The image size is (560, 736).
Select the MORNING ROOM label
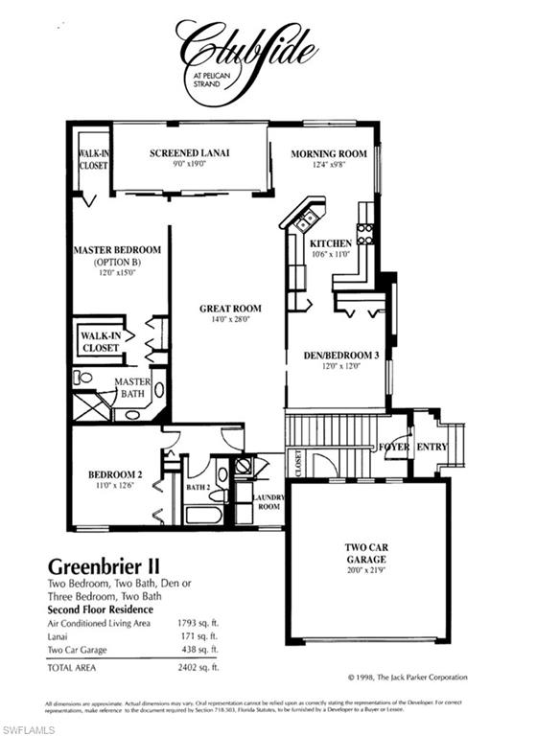(329, 153)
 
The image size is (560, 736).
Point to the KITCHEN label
(331, 243)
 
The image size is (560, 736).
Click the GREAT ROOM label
(230, 309)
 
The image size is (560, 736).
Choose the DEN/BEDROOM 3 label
(336, 355)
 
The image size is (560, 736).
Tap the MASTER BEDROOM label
(117, 250)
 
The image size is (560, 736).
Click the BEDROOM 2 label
(115, 474)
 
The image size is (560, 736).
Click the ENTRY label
(432, 447)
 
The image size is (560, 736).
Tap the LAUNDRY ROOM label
(268, 500)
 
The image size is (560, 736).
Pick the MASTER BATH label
(131, 387)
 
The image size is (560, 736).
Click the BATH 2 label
(198, 488)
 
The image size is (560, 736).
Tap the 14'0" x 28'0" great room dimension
(230, 320)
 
